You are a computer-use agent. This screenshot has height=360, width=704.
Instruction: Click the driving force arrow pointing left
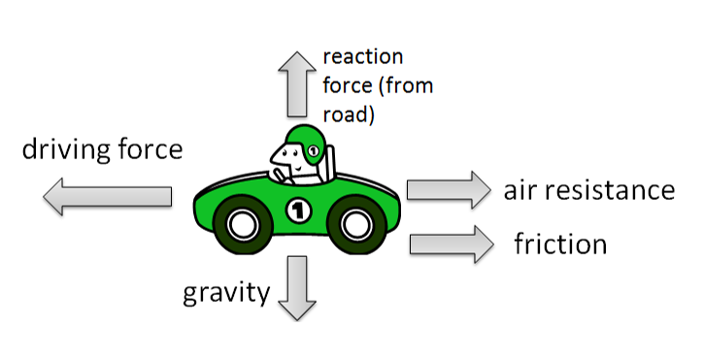point(107,197)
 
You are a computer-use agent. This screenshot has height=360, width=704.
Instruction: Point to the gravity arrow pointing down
point(297,288)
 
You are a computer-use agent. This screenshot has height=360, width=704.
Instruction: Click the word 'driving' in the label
point(61,150)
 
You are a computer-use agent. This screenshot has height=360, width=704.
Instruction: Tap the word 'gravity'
point(226,291)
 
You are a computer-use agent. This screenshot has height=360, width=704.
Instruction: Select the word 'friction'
point(560,243)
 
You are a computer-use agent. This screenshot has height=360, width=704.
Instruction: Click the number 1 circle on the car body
point(297,208)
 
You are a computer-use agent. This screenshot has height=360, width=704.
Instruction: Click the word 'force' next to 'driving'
point(146,150)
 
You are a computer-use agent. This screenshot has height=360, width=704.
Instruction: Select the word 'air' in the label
point(522,188)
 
